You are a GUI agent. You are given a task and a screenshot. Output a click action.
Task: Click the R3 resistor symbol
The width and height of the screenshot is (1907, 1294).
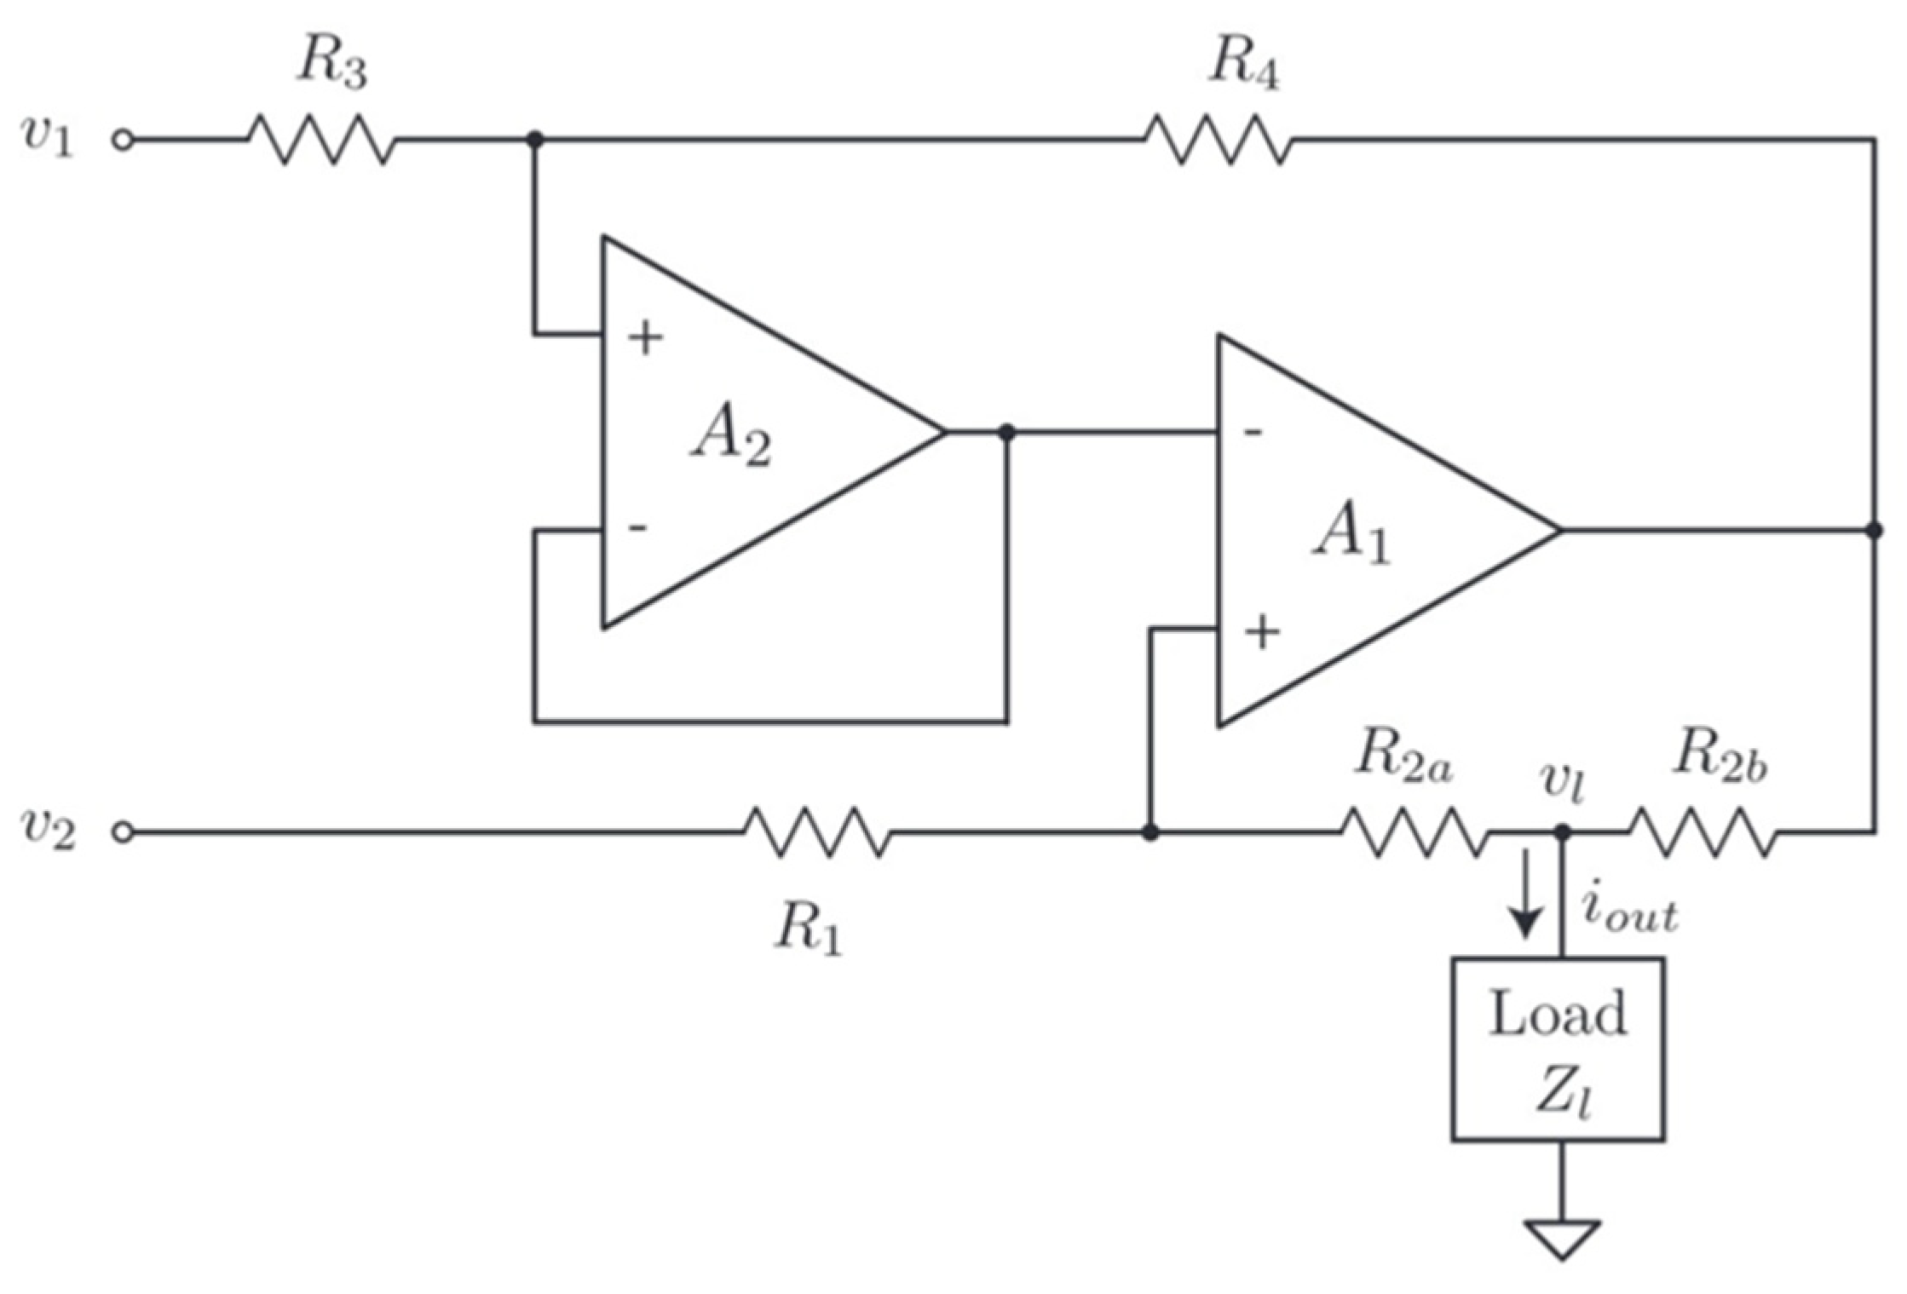click(321, 140)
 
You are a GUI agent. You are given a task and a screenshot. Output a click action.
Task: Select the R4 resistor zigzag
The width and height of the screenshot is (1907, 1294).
click(1218, 140)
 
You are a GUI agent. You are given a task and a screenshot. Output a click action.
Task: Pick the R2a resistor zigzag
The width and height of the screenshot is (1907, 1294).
click(1415, 831)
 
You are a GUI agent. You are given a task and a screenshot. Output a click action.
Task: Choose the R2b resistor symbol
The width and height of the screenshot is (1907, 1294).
click(1703, 831)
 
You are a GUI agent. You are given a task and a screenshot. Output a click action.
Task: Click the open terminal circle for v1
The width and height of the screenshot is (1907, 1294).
click(124, 141)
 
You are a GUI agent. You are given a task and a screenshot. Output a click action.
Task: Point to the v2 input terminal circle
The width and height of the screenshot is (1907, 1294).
click(124, 832)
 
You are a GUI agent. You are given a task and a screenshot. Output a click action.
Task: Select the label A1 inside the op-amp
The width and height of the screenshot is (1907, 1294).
click(1351, 536)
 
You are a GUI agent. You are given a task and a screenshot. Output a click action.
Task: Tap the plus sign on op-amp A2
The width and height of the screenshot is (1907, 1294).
click(645, 338)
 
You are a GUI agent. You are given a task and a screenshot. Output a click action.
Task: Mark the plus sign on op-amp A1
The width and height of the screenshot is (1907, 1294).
click(1262, 632)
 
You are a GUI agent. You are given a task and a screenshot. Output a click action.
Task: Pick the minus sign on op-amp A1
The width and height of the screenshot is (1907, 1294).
click(1253, 433)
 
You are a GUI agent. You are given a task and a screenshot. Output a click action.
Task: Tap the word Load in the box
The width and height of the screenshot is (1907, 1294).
click(1558, 1015)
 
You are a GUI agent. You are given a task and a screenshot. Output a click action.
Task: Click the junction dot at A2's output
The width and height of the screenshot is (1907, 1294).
click(1007, 432)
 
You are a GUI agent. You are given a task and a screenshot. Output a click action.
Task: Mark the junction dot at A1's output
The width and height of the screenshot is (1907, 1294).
click(1874, 530)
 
